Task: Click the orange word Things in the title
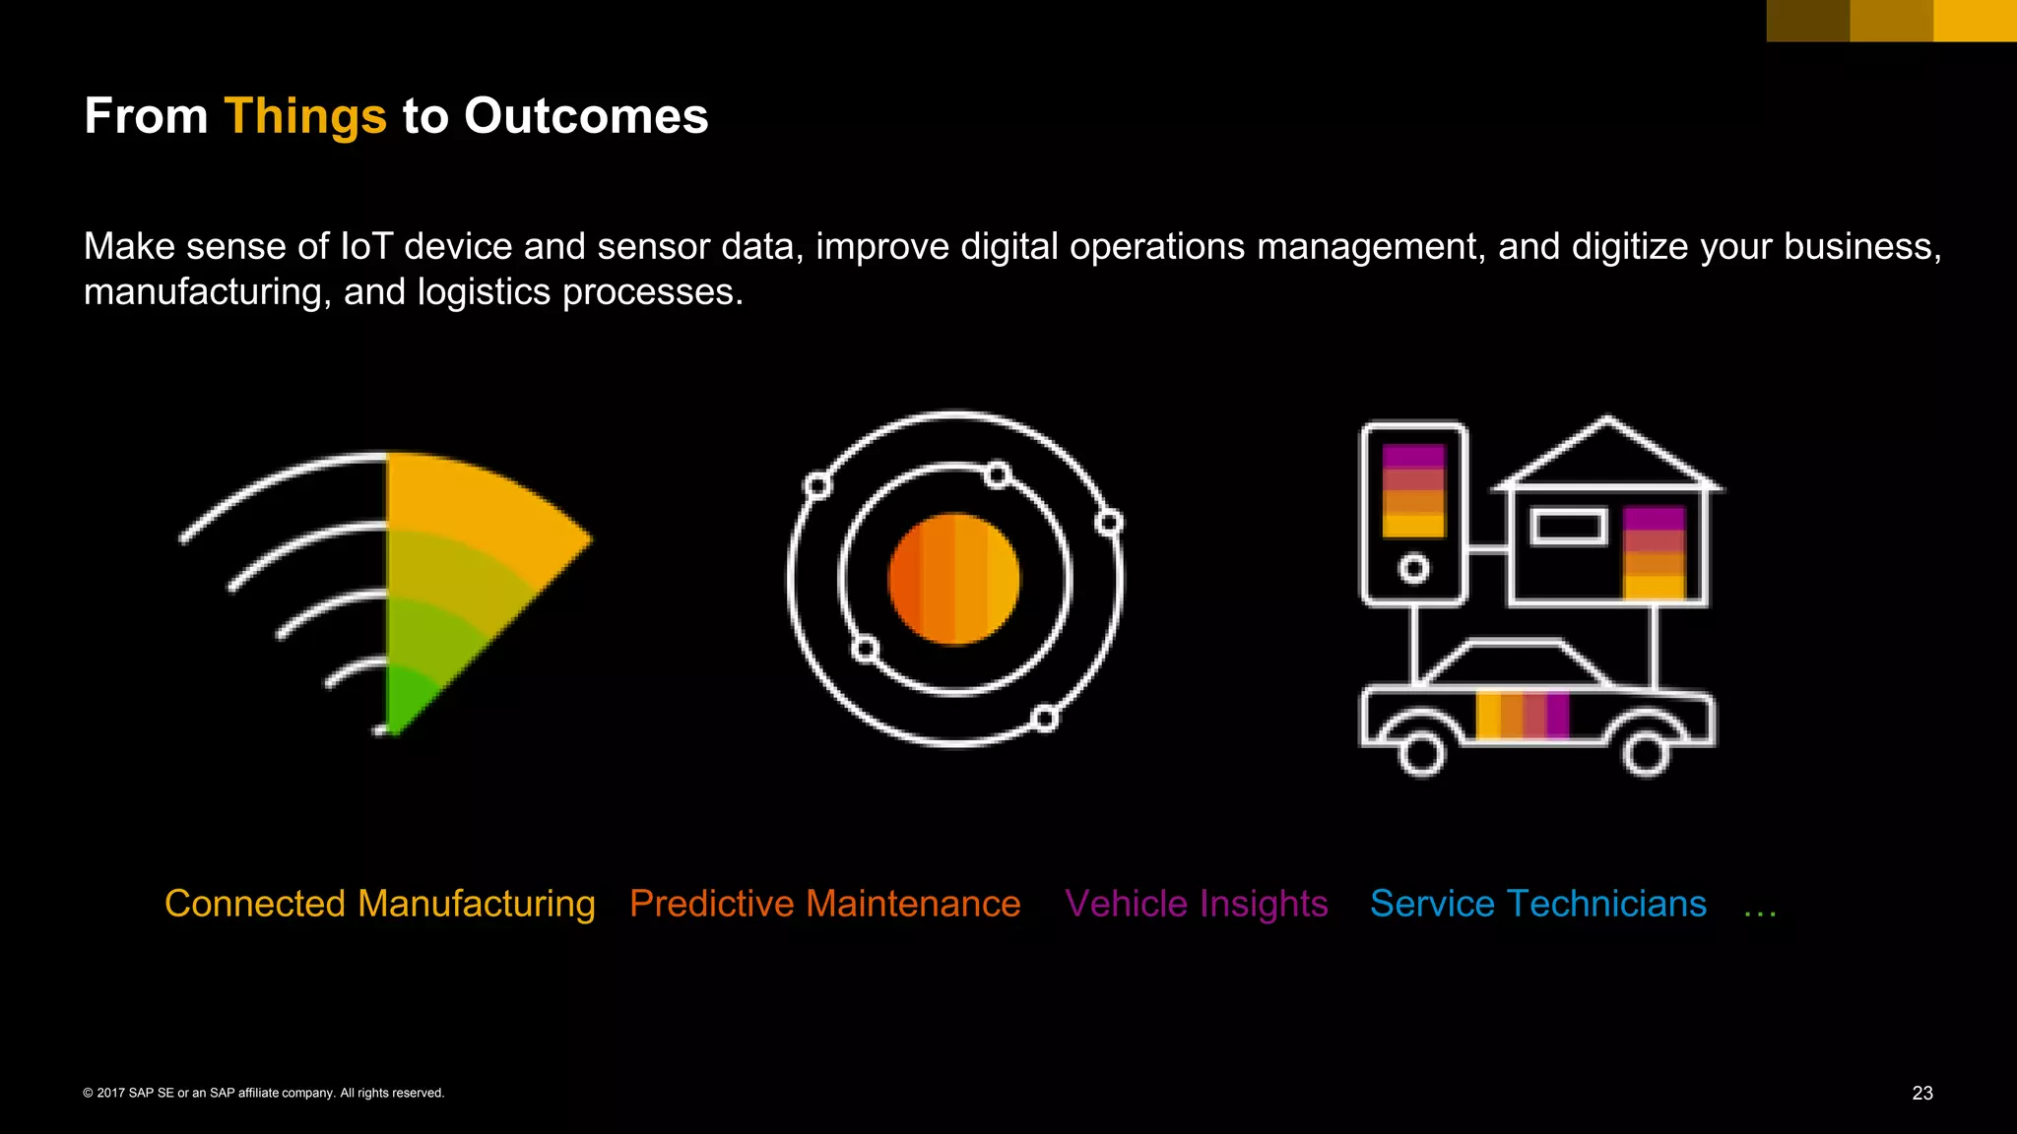tap(305, 117)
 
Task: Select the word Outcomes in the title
tap(586, 116)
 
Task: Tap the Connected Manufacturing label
tap(379, 904)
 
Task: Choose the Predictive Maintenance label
tap(824, 904)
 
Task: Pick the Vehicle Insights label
tap(1196, 904)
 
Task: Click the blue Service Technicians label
tap(1537, 904)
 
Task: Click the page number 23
tap(1921, 1093)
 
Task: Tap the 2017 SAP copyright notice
tap(264, 1093)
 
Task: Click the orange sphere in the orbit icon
tap(953, 579)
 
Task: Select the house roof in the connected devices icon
tap(1607, 453)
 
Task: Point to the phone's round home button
tap(1413, 568)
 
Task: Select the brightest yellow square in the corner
tap(1975, 21)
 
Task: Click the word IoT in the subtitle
tap(366, 246)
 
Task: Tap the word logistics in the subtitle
tap(484, 292)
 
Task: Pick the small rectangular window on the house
tap(1568, 527)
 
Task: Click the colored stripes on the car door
tap(1522, 715)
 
